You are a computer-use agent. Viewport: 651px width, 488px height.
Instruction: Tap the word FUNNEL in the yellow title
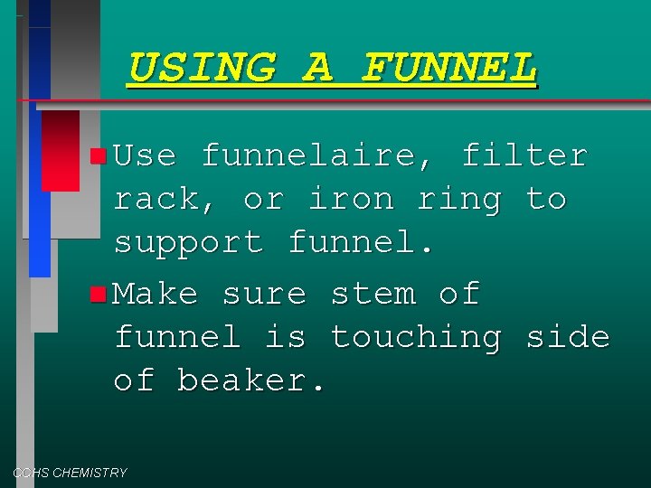449,68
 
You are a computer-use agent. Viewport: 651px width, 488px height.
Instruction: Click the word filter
524,155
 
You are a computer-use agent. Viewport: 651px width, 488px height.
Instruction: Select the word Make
156,294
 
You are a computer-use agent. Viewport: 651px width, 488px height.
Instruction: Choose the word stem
373,294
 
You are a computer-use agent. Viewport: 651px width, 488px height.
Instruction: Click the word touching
416,337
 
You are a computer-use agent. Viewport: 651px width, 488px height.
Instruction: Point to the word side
568,337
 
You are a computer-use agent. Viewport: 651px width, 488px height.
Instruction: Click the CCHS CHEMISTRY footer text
70,473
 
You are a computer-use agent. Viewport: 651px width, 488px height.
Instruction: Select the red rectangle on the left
61,150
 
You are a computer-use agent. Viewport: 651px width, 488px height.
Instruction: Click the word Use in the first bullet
145,155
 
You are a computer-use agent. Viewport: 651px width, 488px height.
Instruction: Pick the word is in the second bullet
286,337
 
